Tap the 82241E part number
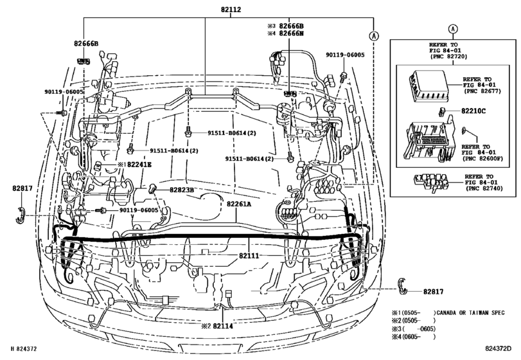137,165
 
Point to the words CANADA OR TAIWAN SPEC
472,312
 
